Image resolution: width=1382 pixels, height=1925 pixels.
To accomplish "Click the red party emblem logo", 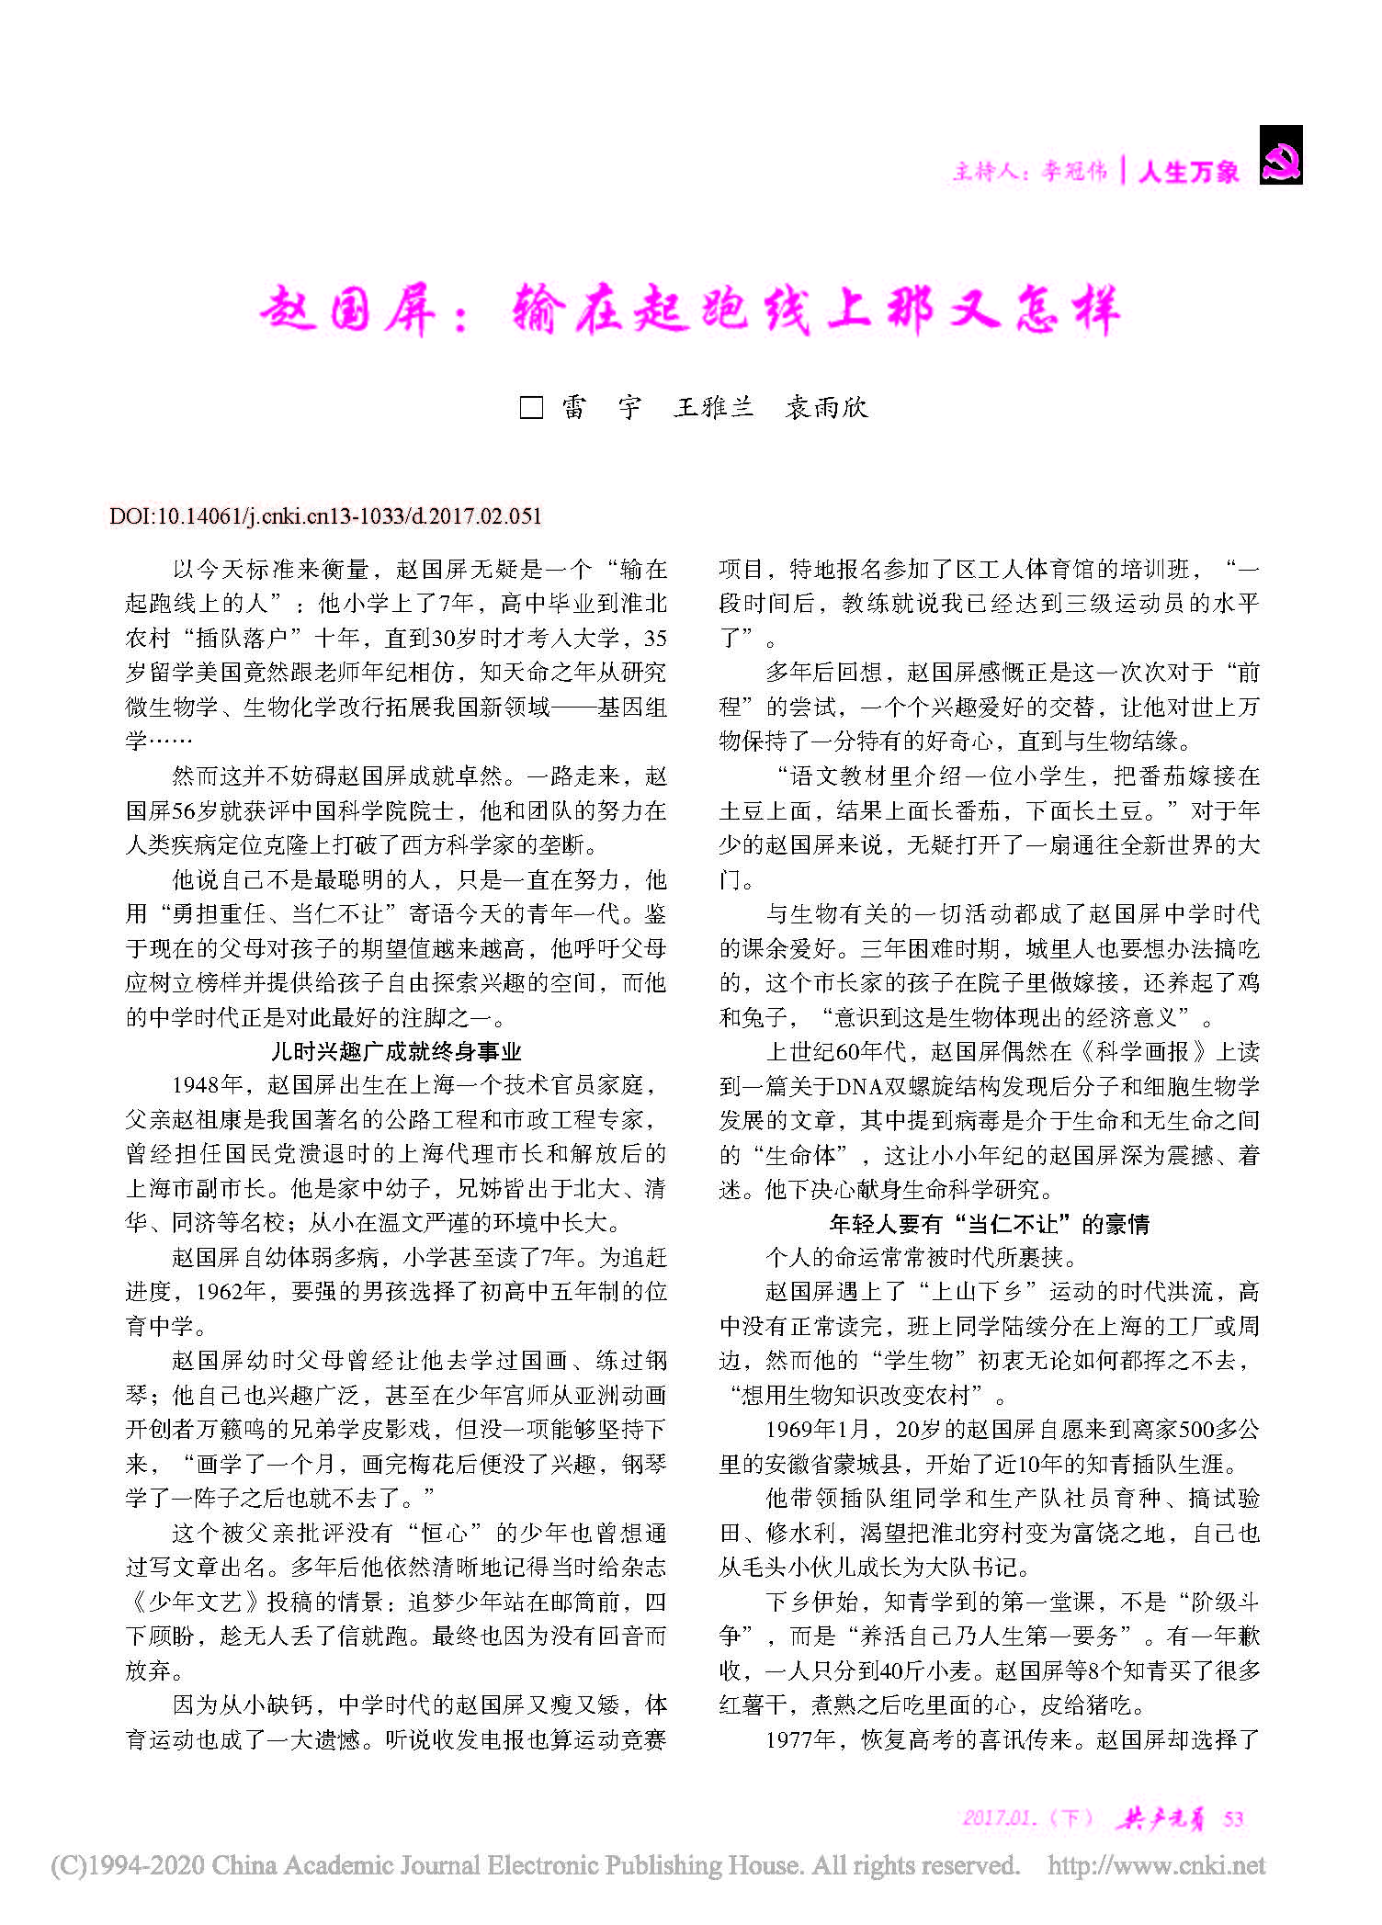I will [x=1280, y=155].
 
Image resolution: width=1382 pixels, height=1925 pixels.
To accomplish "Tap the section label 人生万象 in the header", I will [x=1188, y=172].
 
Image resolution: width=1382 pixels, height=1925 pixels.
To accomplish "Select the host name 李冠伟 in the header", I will [x=1074, y=171].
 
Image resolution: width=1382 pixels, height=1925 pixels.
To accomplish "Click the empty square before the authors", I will [x=531, y=407].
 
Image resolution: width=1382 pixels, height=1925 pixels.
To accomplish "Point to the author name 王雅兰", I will [x=713, y=407].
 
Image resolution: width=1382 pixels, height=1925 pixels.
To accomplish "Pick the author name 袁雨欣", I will [x=826, y=407].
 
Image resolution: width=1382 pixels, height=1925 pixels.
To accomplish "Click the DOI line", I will [x=325, y=515].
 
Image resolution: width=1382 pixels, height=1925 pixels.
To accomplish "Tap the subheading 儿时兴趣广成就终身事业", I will [x=396, y=1051].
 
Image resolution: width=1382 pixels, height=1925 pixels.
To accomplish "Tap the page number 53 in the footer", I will [x=1233, y=1818].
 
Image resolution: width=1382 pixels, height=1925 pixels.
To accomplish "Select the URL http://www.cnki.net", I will [x=1156, y=1866].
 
